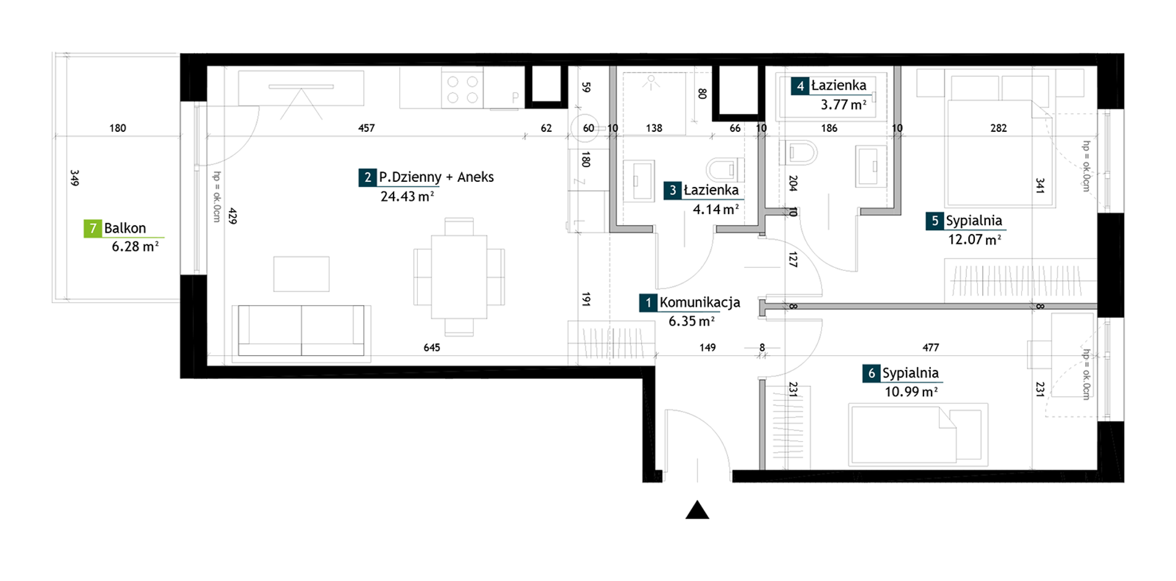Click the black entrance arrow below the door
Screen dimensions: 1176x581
(x=697, y=510)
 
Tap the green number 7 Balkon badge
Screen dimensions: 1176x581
(x=92, y=228)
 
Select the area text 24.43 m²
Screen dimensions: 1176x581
(x=407, y=197)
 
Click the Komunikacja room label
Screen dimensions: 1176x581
(x=699, y=303)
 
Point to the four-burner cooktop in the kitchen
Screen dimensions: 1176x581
(x=462, y=89)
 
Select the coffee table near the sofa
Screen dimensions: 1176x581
(x=301, y=274)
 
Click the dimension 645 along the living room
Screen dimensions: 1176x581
(x=431, y=348)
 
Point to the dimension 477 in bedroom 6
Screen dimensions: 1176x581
(x=930, y=348)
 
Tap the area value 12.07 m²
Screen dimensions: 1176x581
(x=974, y=239)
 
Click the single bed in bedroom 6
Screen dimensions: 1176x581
(x=918, y=434)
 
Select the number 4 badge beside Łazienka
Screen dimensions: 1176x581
(x=800, y=86)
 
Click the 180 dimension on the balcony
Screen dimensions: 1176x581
(x=118, y=128)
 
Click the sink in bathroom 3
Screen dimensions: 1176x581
(x=638, y=181)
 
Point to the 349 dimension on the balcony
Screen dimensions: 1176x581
(x=75, y=178)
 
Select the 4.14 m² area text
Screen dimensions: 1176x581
(x=716, y=209)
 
